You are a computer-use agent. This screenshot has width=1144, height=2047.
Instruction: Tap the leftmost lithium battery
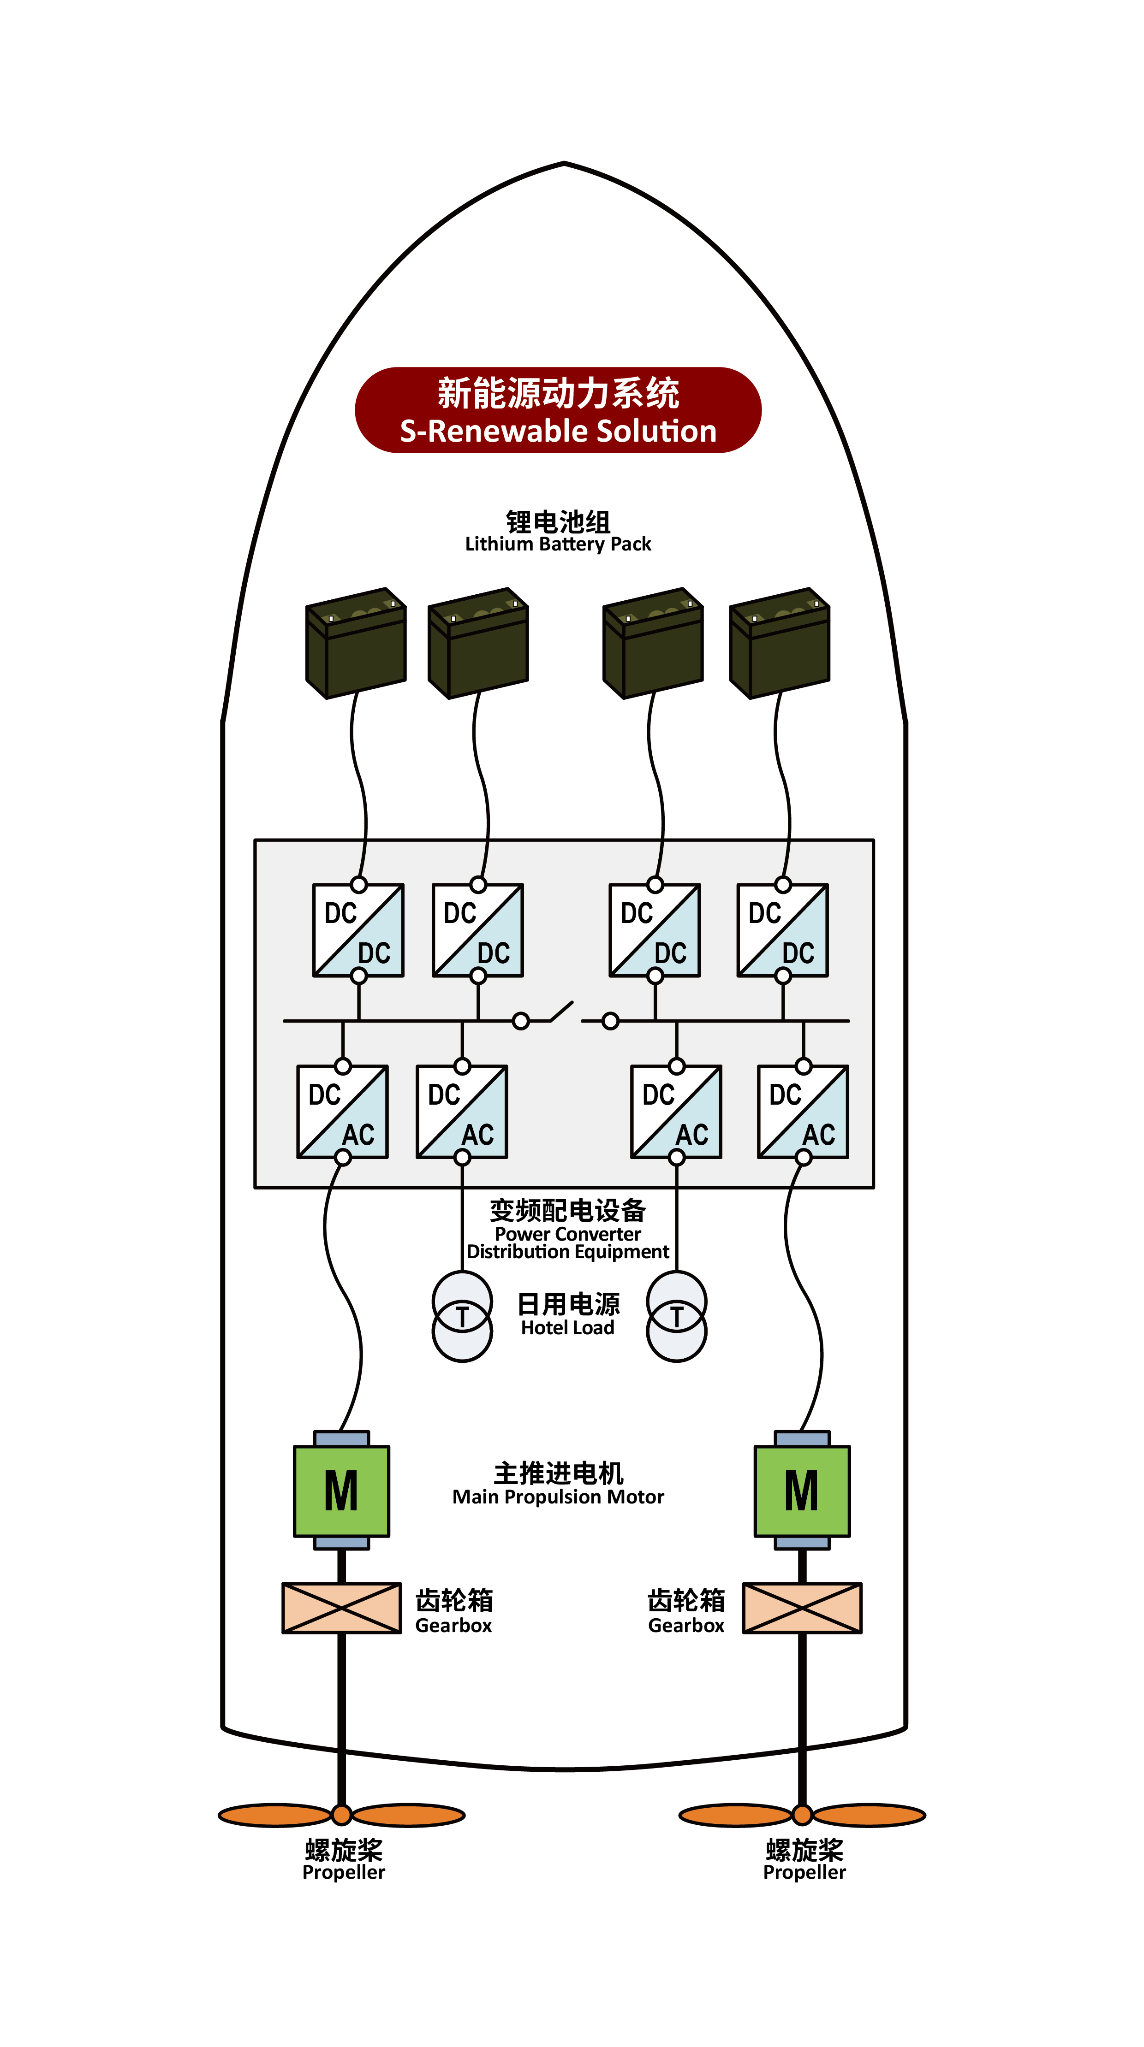click(x=356, y=644)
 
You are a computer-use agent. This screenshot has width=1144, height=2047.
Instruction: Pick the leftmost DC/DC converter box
click(x=358, y=930)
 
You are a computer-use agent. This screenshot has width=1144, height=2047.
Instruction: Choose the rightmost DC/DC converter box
click(x=782, y=930)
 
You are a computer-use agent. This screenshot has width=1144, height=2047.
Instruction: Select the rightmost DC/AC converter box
click(x=803, y=1112)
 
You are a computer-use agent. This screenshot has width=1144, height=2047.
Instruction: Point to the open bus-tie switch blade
click(x=561, y=1011)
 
